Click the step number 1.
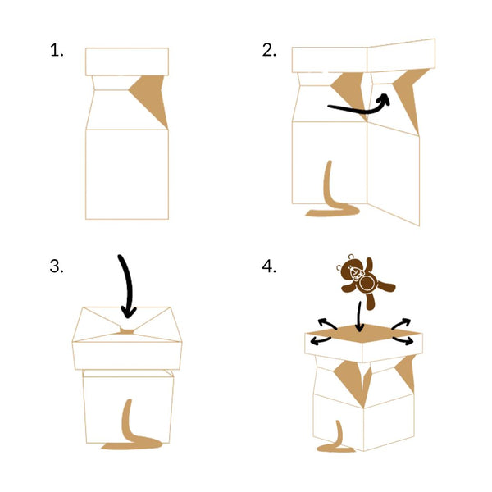coord(56,50)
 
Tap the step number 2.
coord(269,50)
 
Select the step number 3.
coord(56,266)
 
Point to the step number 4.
coord(269,266)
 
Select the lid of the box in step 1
coord(127,61)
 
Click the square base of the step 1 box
coord(127,174)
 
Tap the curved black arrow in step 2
coord(357,105)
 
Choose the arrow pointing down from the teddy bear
coord(359,317)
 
